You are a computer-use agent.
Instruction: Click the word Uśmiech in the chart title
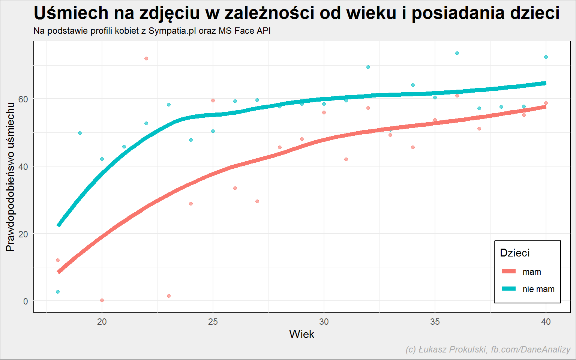(x=71, y=13)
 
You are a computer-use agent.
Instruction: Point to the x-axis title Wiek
(x=301, y=334)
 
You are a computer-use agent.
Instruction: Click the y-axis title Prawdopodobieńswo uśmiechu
(x=10, y=177)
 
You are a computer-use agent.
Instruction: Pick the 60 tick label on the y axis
(x=23, y=99)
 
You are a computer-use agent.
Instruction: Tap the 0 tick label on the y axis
(x=25, y=301)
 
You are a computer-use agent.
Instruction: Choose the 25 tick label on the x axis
(x=213, y=322)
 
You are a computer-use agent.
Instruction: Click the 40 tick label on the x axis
(x=546, y=322)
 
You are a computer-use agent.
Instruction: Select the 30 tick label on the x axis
(x=324, y=322)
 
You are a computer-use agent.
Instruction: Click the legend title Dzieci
(x=515, y=253)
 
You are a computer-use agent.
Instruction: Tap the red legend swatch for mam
(x=508, y=271)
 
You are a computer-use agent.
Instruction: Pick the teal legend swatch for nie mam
(x=508, y=289)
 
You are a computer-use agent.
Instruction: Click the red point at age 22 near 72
(x=146, y=58)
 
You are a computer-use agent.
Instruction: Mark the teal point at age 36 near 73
(x=457, y=53)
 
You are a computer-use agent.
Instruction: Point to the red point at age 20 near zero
(x=102, y=300)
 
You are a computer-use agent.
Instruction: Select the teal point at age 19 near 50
(x=80, y=133)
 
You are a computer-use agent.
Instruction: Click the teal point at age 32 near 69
(x=368, y=67)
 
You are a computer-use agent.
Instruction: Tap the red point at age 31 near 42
(x=346, y=159)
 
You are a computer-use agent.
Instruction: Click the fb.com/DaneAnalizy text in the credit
(x=531, y=350)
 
